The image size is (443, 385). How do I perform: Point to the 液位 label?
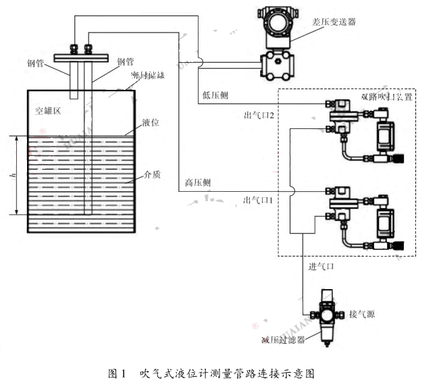tap(151, 124)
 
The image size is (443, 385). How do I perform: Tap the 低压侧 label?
tap(215, 96)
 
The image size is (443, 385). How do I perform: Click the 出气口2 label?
tap(259, 115)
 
